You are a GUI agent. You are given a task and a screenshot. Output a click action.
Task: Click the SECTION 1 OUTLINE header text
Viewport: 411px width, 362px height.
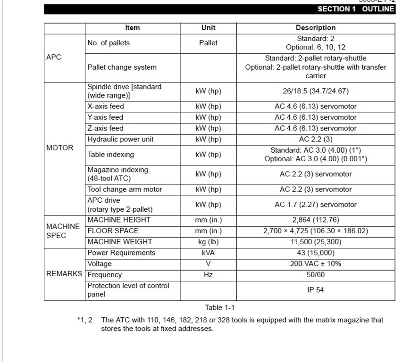coord(355,9)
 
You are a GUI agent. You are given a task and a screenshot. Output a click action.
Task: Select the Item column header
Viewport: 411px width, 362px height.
coord(132,28)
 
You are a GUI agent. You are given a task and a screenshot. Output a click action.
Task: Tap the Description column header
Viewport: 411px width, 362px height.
coord(316,28)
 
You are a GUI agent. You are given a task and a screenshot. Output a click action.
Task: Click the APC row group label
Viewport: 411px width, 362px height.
coord(54,57)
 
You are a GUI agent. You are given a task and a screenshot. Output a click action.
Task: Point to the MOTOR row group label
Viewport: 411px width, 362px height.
coord(60,148)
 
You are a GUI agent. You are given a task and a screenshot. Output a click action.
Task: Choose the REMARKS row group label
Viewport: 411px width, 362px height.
coord(64,274)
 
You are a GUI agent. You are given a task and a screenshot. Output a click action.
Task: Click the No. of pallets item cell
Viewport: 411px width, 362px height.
coord(109,43)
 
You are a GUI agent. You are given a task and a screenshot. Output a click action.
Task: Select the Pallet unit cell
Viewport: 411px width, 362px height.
coord(208,43)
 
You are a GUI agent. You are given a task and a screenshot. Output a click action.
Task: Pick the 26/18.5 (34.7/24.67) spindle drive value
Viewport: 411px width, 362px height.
coord(316,91)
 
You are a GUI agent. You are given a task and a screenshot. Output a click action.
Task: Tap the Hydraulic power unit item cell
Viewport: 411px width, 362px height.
coord(120,139)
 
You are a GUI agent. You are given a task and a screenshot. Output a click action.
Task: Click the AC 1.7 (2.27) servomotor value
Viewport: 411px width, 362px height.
coord(316,205)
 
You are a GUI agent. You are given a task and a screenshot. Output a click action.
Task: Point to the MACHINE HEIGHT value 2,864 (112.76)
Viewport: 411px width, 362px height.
coord(316,220)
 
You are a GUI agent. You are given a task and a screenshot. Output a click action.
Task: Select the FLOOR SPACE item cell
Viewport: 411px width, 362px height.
coord(113,230)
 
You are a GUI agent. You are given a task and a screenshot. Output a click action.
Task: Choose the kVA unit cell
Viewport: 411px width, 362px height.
coord(208,253)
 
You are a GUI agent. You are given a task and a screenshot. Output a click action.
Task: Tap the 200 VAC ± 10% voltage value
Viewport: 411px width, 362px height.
coord(316,263)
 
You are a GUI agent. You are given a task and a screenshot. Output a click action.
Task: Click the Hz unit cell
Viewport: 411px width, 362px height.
coord(208,274)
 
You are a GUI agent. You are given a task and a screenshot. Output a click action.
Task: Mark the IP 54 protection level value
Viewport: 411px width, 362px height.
coord(316,290)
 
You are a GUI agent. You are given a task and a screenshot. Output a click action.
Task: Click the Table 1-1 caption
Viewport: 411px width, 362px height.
coord(219,308)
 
